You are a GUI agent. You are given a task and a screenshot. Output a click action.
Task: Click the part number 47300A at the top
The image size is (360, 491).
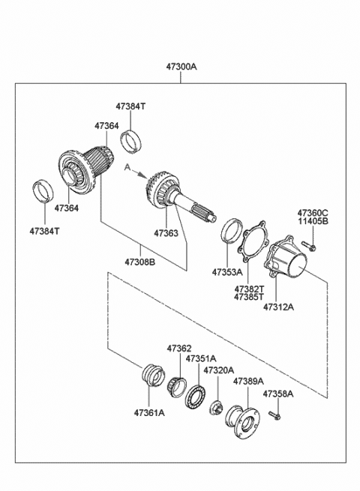(181, 67)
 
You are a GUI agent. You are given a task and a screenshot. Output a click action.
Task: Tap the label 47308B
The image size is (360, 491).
(140, 262)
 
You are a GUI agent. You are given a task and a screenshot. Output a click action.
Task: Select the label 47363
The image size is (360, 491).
(166, 233)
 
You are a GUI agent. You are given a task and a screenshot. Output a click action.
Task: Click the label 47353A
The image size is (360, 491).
(227, 272)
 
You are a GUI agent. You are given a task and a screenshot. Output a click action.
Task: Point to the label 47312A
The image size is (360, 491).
(278, 307)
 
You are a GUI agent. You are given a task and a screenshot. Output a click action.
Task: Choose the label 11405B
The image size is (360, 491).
(313, 221)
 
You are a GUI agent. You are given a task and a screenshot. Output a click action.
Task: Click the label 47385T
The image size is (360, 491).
(249, 297)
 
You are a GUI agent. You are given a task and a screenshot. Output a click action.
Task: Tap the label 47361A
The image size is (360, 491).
(149, 413)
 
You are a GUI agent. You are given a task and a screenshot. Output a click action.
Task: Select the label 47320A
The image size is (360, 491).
(219, 370)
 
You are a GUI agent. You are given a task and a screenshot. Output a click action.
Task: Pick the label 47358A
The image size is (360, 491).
(278, 394)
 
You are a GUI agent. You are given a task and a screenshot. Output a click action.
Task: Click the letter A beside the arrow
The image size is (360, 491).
(127, 167)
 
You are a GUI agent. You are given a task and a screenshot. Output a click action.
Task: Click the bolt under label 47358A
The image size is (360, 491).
(274, 415)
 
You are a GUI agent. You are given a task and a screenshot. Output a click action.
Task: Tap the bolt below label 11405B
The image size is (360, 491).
(309, 246)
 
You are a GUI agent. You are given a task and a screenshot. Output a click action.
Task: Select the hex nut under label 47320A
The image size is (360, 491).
(216, 408)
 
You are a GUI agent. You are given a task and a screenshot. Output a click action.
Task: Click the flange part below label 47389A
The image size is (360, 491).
(242, 421)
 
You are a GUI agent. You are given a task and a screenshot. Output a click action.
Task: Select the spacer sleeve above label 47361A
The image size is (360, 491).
(154, 376)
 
